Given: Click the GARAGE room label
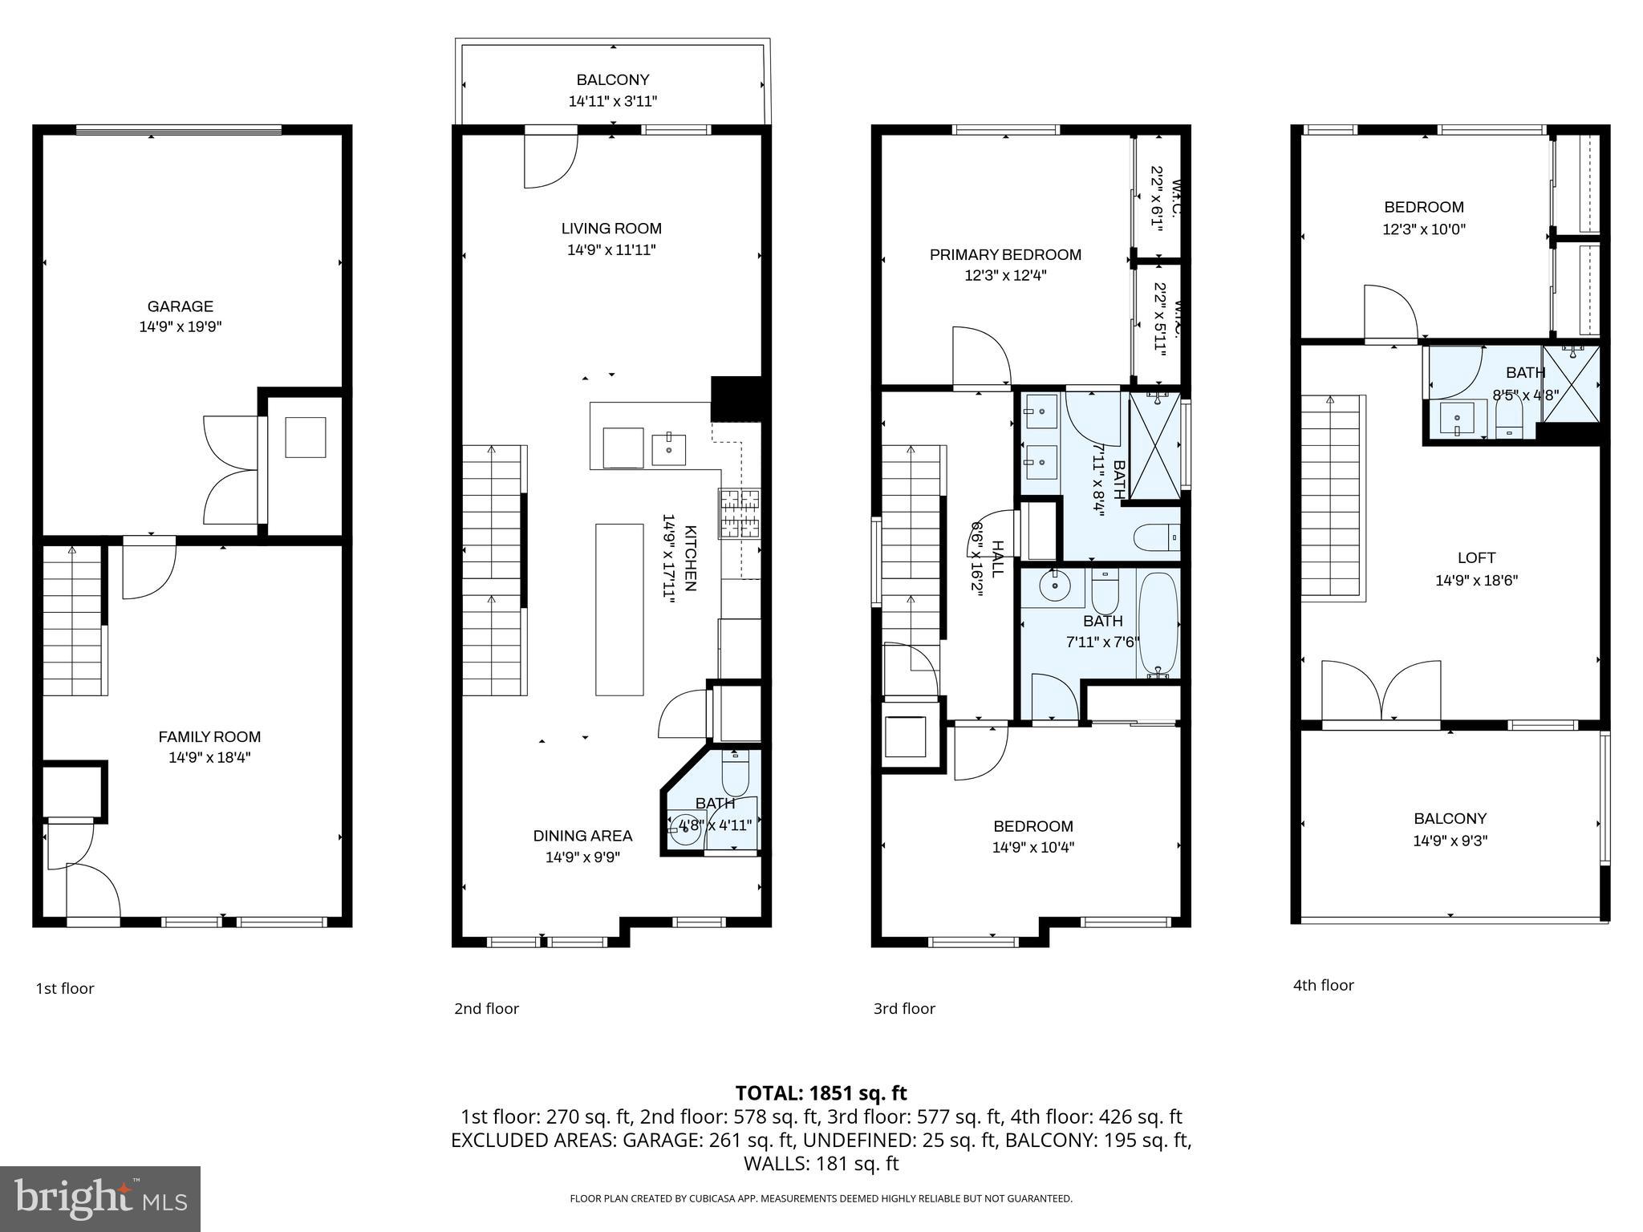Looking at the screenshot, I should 180,306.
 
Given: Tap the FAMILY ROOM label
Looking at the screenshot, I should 209,736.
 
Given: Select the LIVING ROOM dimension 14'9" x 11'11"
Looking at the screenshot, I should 611,249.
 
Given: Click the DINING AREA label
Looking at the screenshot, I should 582,836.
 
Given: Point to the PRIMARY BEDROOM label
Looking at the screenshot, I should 1005,255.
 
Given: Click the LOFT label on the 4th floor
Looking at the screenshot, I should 1476,557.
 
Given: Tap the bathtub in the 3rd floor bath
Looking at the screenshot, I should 1158,624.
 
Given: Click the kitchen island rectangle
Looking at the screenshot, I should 619,609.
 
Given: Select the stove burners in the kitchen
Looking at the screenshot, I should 739,513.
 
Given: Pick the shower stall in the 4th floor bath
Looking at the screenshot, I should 1571,383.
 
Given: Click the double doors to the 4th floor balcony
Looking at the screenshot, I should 1381,691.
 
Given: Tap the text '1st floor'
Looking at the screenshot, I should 65,988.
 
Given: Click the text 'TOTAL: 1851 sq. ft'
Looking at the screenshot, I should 821,1092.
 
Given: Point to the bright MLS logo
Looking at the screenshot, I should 100,1198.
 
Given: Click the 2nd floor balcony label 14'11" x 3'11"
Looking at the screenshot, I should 613,101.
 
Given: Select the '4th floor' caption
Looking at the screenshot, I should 1323,985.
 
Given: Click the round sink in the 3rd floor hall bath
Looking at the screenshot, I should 1054,586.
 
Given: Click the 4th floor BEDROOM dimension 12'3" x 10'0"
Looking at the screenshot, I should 1423,229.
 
